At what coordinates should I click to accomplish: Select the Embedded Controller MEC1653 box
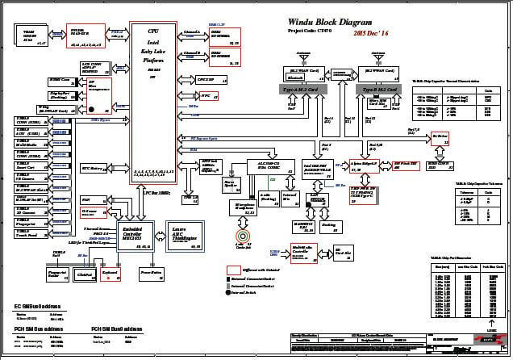pyautogui.click(x=130, y=235)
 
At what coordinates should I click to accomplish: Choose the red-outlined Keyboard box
pyautogui.click(x=115, y=275)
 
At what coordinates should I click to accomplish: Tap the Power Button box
pyautogui.click(x=151, y=275)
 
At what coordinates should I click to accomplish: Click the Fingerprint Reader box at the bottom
pyautogui.click(x=58, y=275)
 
